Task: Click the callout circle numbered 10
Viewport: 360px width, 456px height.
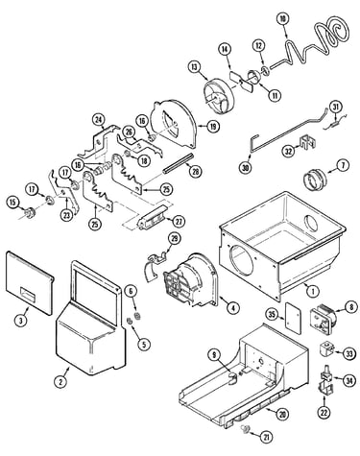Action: point(282,19)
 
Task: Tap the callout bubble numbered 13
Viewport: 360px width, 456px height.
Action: point(194,67)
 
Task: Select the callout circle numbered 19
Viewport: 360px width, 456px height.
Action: point(213,127)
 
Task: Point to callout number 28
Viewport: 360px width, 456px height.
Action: point(196,171)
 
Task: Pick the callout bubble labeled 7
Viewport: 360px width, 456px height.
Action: point(343,166)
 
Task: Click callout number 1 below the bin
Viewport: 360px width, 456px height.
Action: point(313,291)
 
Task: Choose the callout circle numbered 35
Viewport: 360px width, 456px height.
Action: point(273,315)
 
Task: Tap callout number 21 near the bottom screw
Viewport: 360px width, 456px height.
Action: point(266,438)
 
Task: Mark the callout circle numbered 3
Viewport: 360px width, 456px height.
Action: point(21,321)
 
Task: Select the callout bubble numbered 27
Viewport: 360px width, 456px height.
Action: point(179,221)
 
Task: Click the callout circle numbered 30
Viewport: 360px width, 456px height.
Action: point(246,168)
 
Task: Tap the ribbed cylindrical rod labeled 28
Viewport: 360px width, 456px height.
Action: point(178,164)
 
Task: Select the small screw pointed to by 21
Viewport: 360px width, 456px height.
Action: point(246,427)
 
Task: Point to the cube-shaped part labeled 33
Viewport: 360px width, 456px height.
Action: point(325,351)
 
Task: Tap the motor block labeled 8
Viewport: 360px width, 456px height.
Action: point(322,318)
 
